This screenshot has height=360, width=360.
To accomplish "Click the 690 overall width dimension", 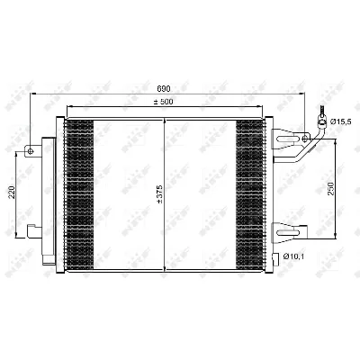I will (x=164, y=89).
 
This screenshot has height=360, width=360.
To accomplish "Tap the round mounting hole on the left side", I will (x=31, y=151).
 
